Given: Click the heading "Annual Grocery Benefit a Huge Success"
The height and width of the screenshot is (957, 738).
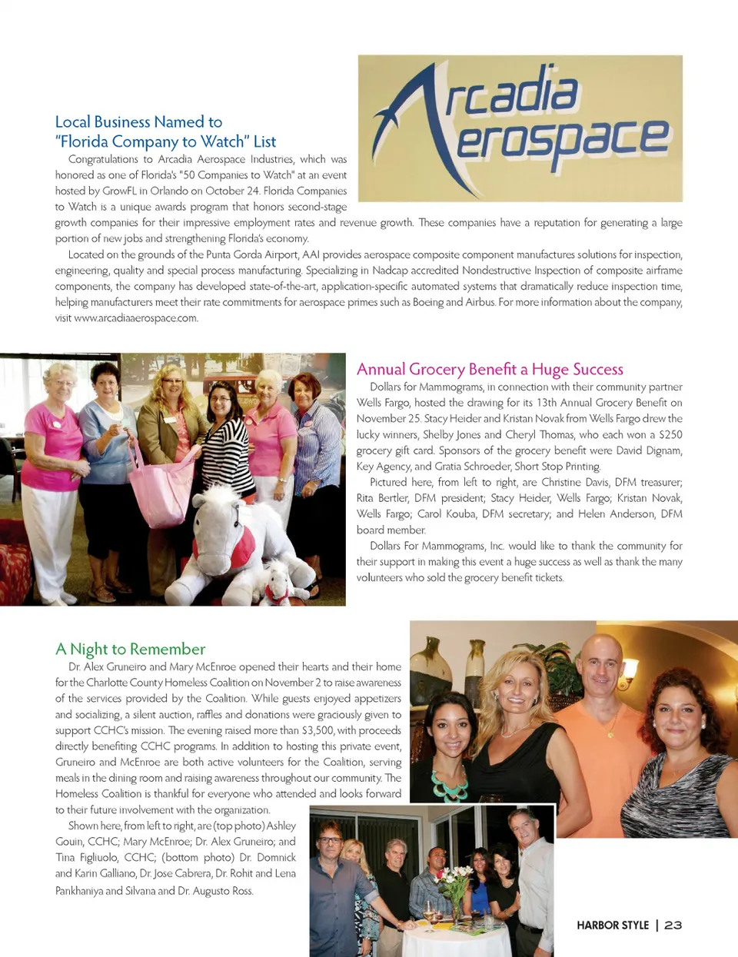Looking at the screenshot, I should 490,370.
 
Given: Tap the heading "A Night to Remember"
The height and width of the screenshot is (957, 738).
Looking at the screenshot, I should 130,650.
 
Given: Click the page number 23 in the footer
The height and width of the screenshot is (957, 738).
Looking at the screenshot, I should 673,925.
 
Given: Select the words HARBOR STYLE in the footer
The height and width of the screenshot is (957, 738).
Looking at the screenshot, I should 613,925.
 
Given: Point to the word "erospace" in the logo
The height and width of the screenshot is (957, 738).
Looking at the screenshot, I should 561,141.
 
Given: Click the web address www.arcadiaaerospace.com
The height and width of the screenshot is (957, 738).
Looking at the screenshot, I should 136,318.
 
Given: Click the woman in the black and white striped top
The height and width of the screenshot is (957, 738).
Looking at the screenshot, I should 224,438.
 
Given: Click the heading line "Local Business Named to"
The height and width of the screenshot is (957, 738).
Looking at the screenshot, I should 138,121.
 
